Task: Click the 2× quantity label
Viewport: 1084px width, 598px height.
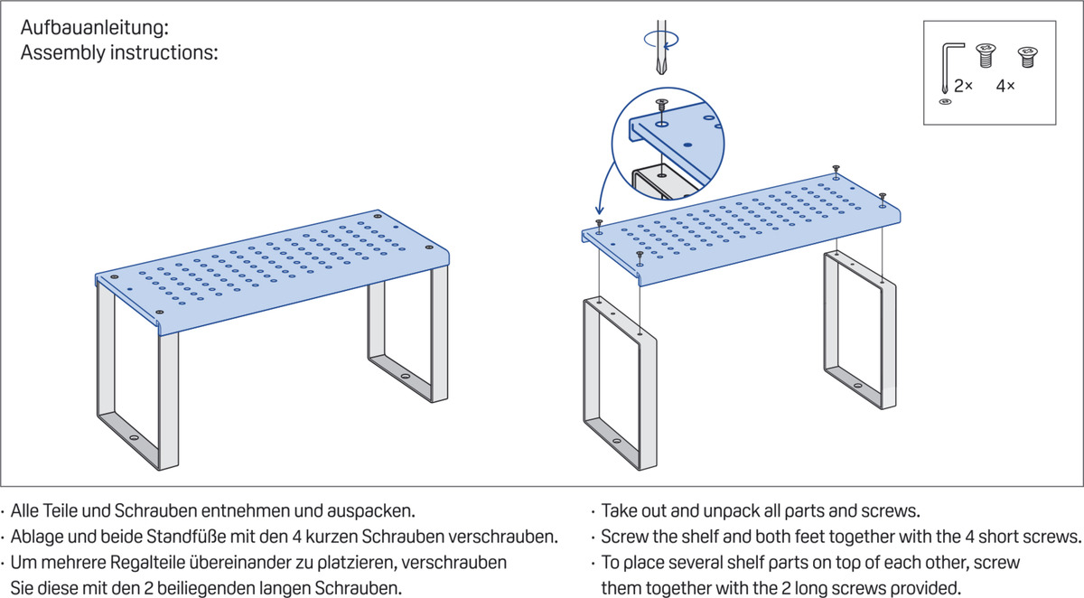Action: tap(963, 86)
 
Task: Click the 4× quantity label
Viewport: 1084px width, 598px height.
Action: tap(1005, 86)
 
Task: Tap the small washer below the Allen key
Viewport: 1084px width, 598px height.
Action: tap(946, 103)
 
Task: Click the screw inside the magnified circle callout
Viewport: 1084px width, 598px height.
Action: tap(662, 107)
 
